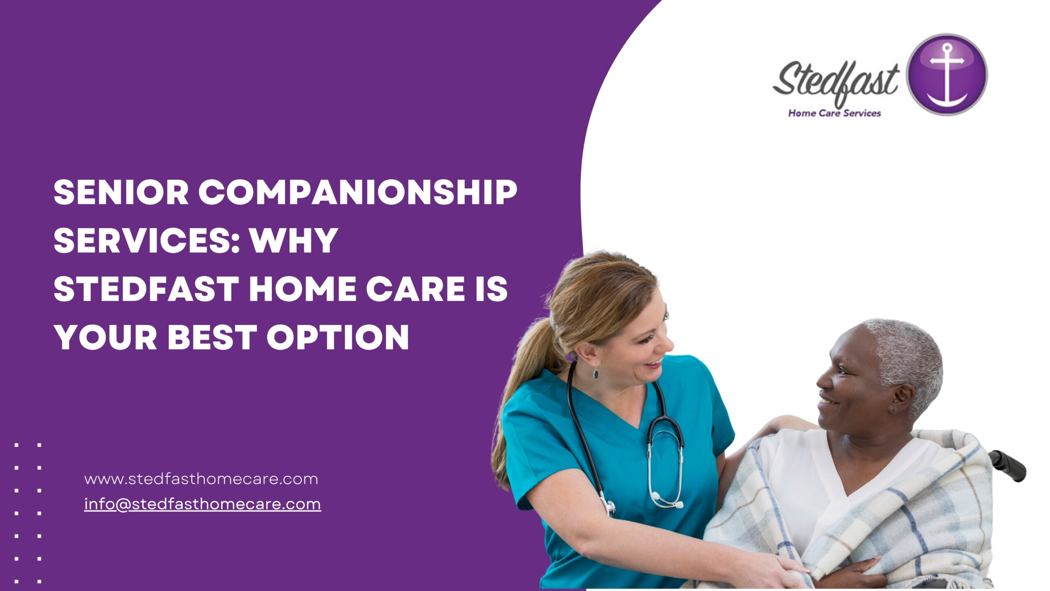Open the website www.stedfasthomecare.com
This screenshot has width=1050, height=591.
pyautogui.click(x=201, y=479)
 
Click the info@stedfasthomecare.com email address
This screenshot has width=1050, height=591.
pyautogui.click(x=203, y=504)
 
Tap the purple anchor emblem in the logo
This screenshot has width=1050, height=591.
pyautogui.click(x=947, y=74)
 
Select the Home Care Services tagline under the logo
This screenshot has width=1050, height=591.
pyautogui.click(x=834, y=113)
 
